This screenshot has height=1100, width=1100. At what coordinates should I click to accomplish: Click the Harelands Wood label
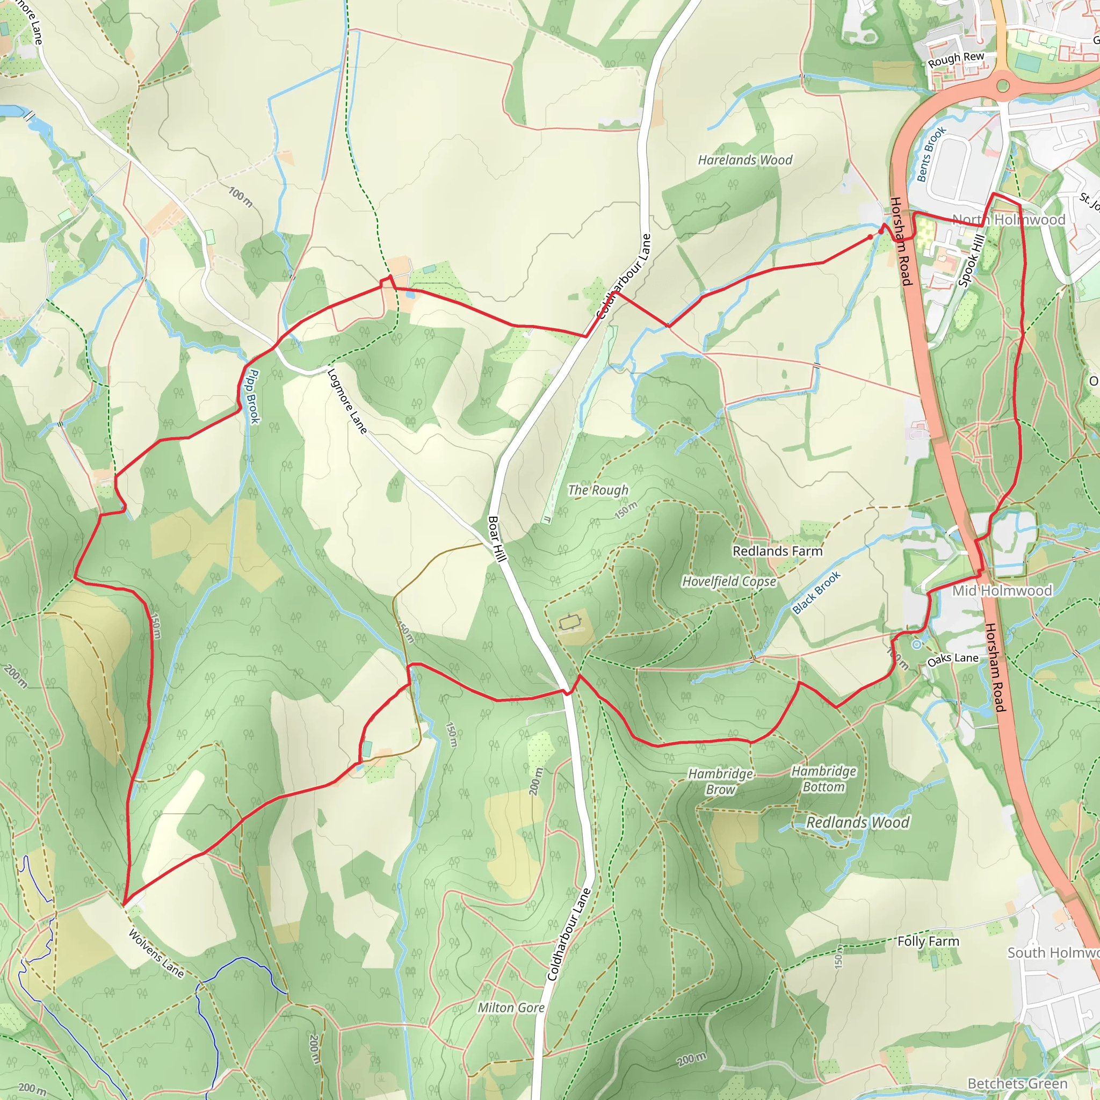(x=745, y=160)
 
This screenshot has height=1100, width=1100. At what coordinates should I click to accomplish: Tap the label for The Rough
(x=598, y=490)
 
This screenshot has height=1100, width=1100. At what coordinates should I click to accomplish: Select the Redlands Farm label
(x=777, y=551)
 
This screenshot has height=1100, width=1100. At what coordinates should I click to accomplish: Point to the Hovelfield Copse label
(x=729, y=581)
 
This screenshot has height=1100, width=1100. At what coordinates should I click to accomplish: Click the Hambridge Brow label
(x=720, y=781)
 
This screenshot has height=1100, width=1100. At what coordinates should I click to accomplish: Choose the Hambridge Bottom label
(x=823, y=778)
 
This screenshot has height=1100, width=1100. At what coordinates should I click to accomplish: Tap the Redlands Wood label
(x=857, y=822)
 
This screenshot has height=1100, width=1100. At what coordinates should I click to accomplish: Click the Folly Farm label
(x=928, y=941)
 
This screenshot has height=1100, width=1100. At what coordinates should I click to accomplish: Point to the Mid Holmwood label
(x=1002, y=590)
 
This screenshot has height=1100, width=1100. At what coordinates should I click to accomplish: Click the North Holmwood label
(x=1008, y=220)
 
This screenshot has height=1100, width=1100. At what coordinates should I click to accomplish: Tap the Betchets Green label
(x=1017, y=1083)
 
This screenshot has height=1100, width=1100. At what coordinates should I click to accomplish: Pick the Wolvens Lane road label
(x=156, y=953)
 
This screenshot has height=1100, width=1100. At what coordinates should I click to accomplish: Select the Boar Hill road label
(x=497, y=539)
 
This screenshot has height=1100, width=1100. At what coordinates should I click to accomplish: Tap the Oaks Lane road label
(x=952, y=658)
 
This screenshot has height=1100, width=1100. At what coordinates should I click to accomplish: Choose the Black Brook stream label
(x=816, y=593)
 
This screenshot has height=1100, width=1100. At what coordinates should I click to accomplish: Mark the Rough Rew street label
(x=956, y=59)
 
